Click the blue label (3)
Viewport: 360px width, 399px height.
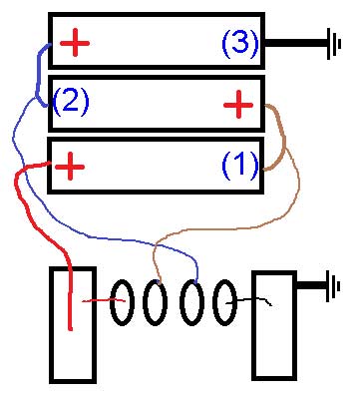click(x=240, y=43)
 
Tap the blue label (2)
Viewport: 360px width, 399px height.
click(x=71, y=101)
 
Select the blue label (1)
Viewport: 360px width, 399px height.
click(x=240, y=165)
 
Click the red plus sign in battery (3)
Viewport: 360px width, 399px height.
click(x=75, y=43)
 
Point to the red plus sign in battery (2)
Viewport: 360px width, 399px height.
click(x=238, y=105)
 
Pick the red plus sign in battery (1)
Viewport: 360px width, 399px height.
click(x=70, y=166)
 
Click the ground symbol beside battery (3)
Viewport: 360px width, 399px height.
click(x=334, y=44)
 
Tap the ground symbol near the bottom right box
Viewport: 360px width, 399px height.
click(x=333, y=286)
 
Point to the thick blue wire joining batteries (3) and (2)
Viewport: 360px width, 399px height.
click(x=38, y=75)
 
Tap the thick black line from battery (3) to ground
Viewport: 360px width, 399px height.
click(x=296, y=43)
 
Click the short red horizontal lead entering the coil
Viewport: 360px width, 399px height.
click(x=104, y=300)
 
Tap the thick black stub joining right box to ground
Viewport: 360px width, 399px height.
click(x=311, y=285)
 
